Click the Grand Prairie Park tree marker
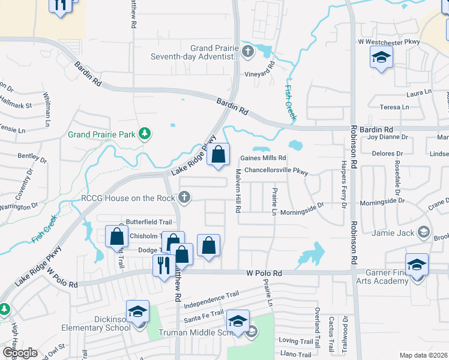pyautogui.click(x=144, y=133)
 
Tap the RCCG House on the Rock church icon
pyautogui.click(x=185, y=197)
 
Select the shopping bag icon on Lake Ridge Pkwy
pyautogui.click(x=218, y=154)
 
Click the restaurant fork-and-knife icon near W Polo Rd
pyautogui.click(x=163, y=264)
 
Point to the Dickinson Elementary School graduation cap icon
pyautogui.click(x=137, y=312)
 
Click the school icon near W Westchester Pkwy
pyautogui.click(x=381, y=58)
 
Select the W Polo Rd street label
pyautogui.click(x=264, y=273)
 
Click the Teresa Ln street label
pyautogui.click(x=390, y=107)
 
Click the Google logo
pyautogui.click(x=20, y=352)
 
